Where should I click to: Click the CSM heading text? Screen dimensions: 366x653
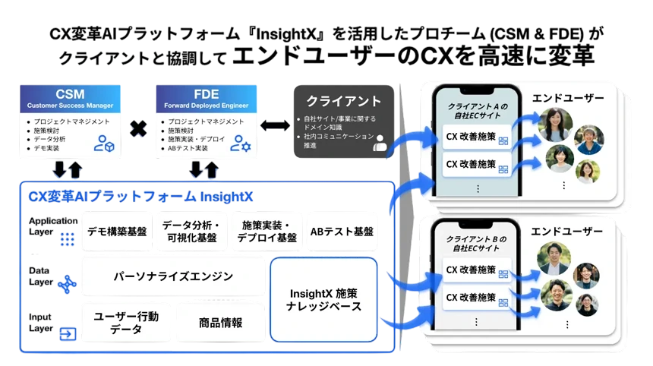click(70, 94)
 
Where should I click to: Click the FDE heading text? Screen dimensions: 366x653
click(207, 94)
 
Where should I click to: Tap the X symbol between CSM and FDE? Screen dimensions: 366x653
click(137, 131)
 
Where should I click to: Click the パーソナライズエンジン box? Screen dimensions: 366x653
click(173, 276)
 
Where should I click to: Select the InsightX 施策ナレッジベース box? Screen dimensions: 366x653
click(323, 299)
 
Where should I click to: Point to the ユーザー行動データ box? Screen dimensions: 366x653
click(126, 322)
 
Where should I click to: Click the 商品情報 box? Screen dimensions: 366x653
click(220, 323)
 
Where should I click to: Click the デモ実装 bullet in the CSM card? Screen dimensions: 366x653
click(47, 148)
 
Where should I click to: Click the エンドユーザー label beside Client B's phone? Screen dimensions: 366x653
click(567, 231)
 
